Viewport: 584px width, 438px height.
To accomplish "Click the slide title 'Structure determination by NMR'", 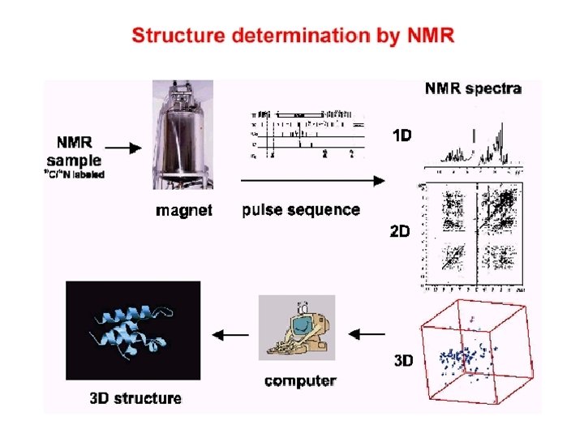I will [293, 36].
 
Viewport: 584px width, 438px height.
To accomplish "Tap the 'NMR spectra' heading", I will [473, 88].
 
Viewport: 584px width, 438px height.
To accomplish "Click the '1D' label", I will [402, 136].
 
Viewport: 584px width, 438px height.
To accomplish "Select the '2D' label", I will [400, 231].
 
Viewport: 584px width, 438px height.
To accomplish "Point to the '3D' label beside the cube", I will [402, 360].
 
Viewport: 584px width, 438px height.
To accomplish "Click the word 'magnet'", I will [184, 211].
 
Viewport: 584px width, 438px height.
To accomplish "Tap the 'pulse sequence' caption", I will [301, 210].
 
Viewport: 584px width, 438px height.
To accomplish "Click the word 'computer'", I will [300, 380].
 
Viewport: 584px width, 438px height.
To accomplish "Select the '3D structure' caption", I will [135, 398].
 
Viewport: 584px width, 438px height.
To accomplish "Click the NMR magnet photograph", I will [183, 138].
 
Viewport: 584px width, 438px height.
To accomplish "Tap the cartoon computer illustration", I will [297, 328].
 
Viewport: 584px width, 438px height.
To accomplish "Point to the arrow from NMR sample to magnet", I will [124, 148].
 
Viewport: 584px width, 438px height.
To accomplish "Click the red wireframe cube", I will [477, 351].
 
